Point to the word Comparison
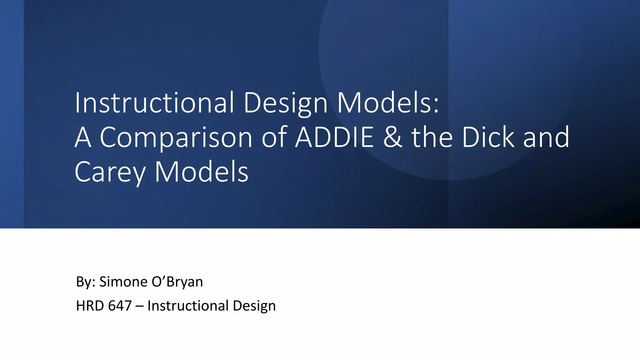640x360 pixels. coord(176,137)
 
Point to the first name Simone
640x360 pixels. coord(123,282)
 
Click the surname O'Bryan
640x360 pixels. coord(177,282)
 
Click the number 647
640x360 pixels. coord(120,306)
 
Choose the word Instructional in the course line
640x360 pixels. coord(188,306)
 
